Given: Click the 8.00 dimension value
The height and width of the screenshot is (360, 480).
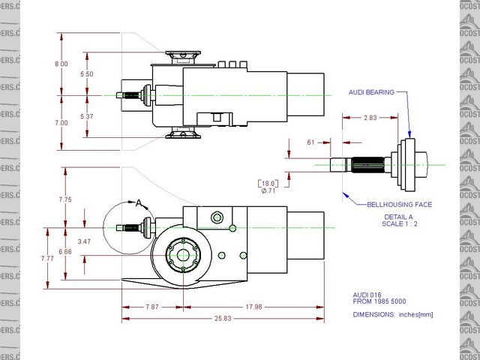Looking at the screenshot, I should pos(61,64).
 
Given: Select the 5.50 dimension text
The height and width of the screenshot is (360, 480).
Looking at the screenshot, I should pos(86,75).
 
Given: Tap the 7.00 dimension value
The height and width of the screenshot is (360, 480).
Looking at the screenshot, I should pos(61,122).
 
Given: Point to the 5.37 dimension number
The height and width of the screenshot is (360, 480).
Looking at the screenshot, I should pos(86,116).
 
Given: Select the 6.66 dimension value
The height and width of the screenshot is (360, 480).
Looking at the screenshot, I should pos(65,252).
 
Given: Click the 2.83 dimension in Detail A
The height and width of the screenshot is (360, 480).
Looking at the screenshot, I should pos(370,118).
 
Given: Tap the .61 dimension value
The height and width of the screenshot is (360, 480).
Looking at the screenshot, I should pos(310,142).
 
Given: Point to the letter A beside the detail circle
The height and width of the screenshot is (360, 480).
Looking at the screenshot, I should pos(138,202).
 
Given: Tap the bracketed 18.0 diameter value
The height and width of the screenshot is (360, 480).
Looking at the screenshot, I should pos(268,182).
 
